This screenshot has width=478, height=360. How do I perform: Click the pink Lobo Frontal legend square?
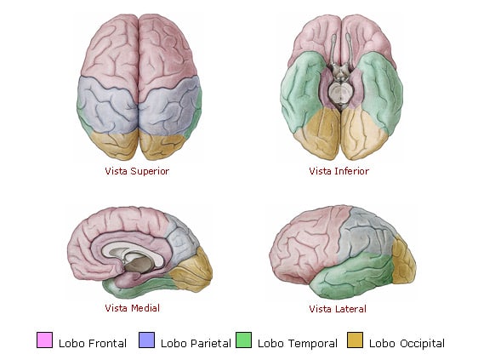coord(44,340)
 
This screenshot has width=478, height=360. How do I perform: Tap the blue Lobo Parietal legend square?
coord(146,340)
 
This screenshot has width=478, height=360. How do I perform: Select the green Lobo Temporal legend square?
coord(244,340)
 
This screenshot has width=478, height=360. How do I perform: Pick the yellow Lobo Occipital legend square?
coord(356,340)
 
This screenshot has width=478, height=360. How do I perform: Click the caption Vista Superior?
coord(137,171)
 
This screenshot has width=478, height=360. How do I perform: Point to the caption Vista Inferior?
coord(339,171)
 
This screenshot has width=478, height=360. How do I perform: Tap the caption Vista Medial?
coord(133,308)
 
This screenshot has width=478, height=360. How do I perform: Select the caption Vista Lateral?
coord(338,309)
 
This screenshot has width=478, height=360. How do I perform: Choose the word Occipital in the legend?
coord(422,344)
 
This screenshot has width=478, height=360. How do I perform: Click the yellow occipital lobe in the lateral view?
coord(404,261)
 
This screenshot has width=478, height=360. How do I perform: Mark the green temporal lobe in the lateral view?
coord(350,276)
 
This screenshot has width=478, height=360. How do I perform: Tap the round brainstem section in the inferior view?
coord(340,93)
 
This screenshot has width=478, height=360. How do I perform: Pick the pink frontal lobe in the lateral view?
coord(308,241)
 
